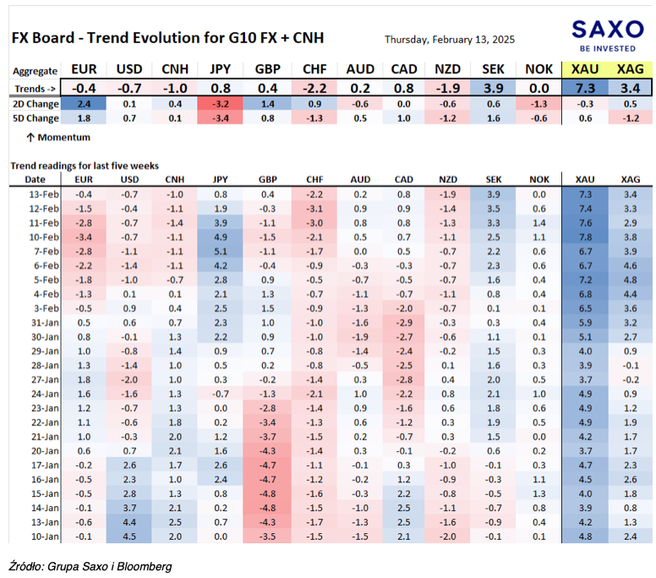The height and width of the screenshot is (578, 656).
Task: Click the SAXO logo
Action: (608, 36)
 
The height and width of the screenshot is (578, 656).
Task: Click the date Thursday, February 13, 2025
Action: (450, 40)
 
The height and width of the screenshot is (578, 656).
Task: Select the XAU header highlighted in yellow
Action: (585, 69)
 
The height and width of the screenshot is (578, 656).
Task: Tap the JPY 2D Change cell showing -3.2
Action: (220, 104)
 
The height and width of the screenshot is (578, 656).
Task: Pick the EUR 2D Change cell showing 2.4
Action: (84, 104)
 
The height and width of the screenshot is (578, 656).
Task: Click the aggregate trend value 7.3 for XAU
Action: (585, 88)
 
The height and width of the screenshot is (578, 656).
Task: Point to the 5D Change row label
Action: (36, 118)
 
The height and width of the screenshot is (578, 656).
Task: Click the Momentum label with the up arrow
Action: (58, 137)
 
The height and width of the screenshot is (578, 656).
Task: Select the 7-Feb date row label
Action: (44, 251)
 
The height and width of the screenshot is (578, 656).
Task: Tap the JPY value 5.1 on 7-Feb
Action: (221, 251)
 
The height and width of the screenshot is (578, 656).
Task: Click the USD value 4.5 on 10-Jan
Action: (129, 537)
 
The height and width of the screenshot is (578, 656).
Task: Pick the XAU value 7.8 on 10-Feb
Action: (585, 237)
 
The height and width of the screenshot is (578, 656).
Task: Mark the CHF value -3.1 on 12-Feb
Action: (314, 208)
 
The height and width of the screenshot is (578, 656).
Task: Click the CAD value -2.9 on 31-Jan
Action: (404, 322)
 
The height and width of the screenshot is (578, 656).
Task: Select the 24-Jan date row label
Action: (45, 394)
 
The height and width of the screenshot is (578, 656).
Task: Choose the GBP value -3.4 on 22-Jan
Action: (267, 422)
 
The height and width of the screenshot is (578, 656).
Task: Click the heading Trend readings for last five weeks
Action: (85, 166)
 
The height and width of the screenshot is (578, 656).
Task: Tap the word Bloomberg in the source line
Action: (145, 567)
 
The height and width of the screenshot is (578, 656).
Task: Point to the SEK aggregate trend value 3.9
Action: (493, 88)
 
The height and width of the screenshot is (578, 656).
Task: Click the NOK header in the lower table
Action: (538, 179)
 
